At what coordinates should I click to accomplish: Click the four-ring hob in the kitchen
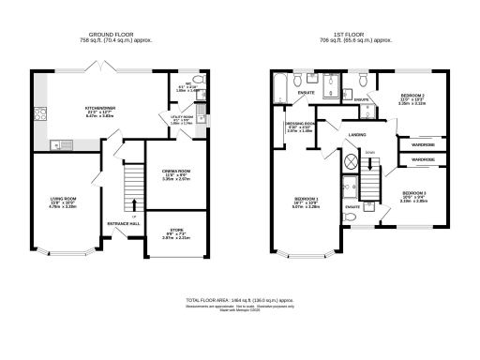coord(40,115)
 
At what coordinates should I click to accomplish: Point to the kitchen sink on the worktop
coord(57,144)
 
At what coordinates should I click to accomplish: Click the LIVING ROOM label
coord(62,200)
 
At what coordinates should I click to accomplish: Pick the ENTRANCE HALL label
coord(125,224)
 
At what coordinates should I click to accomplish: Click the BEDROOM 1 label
coord(306,200)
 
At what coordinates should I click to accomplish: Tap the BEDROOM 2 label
coord(413,97)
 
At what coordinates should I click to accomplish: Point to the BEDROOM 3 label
coord(413,194)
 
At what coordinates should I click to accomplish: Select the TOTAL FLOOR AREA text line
coord(240,301)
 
